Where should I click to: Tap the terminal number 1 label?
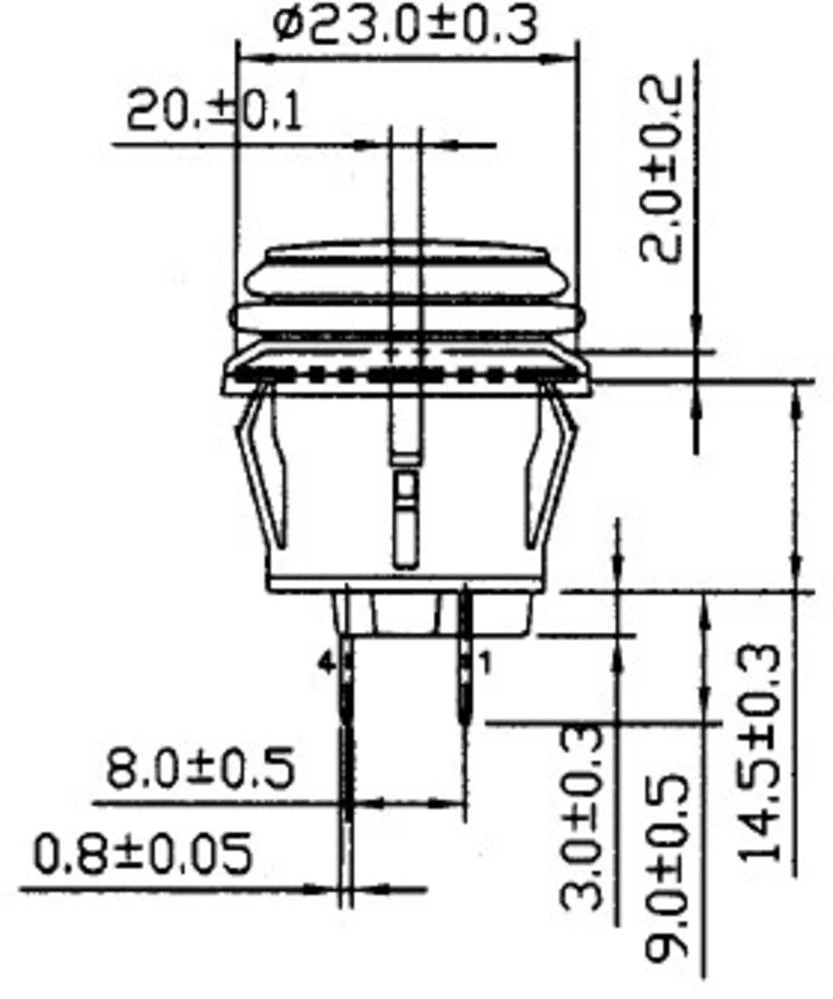487,662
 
